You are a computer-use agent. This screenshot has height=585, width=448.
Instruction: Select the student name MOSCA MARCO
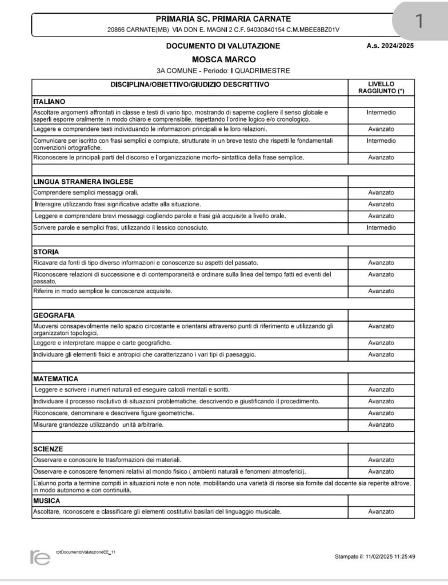coord(223,59)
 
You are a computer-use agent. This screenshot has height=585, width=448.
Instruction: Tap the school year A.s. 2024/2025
coord(390,46)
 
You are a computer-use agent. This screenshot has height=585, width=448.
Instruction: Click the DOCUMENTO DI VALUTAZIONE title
coord(223,46)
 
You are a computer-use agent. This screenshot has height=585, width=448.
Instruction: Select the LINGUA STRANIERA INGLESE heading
coord(75,181)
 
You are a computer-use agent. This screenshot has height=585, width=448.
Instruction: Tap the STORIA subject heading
coord(46,251)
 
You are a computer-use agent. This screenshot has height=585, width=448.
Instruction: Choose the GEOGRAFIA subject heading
coord(54,315)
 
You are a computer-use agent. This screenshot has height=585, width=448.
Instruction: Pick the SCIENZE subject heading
coord(48,448)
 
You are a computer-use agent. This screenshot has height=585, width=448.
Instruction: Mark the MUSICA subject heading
coord(47,500)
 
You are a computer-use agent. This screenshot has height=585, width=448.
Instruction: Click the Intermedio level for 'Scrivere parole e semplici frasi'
coord(381,228)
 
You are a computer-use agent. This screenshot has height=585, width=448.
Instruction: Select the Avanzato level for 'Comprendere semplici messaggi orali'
coord(381,193)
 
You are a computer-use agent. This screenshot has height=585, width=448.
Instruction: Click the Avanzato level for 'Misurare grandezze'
coord(381,425)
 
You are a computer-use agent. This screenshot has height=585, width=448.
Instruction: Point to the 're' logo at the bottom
coord(39,558)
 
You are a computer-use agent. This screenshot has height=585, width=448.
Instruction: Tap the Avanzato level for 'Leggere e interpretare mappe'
coord(381,343)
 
